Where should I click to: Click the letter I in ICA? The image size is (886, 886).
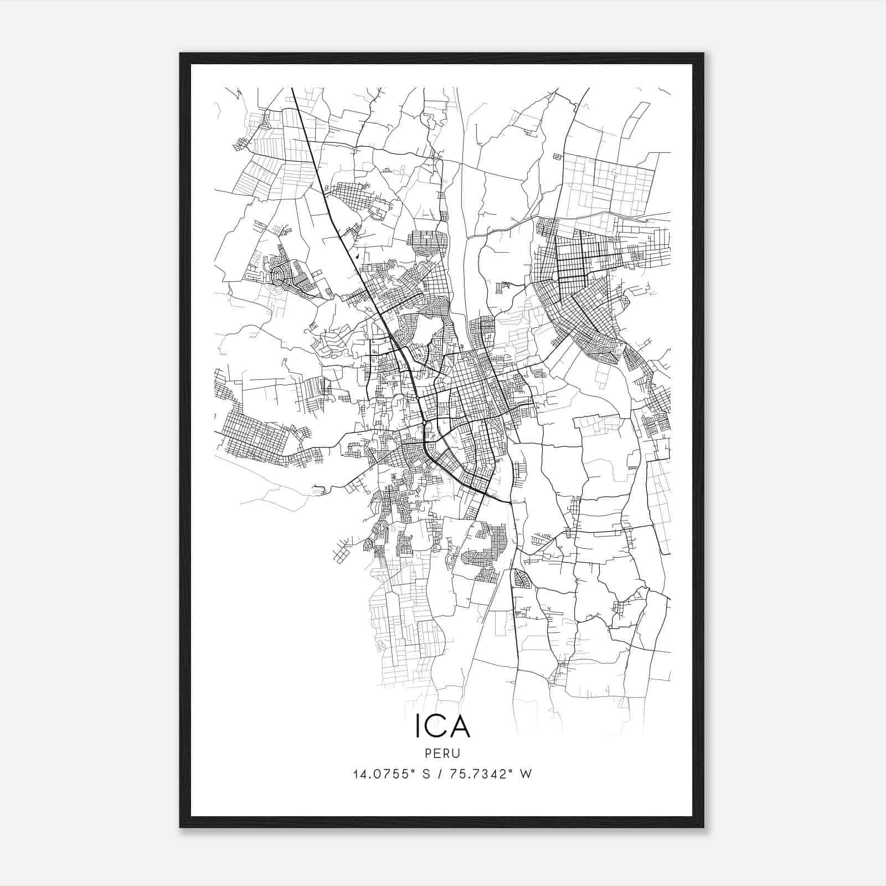[419, 727]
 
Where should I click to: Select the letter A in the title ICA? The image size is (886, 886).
[459, 727]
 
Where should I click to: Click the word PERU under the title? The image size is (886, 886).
[442, 754]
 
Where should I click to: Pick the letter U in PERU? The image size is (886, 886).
[457, 754]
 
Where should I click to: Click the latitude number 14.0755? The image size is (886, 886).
[378, 774]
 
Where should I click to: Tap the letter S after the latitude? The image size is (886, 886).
[426, 774]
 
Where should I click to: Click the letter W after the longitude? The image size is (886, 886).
[526, 774]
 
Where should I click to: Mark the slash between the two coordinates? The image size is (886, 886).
[441, 774]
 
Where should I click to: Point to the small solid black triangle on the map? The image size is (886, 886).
[358, 256]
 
